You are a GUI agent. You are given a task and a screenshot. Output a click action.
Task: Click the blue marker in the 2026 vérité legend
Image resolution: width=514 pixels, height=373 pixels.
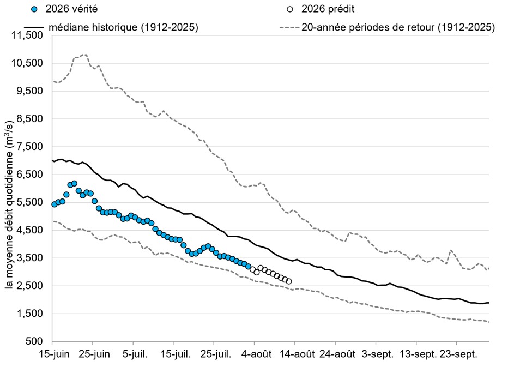pos(34,9)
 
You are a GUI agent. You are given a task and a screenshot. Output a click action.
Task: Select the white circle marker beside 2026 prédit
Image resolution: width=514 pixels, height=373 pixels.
pos(290,9)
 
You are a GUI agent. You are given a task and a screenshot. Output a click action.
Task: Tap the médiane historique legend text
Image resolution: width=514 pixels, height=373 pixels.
pos(123,27)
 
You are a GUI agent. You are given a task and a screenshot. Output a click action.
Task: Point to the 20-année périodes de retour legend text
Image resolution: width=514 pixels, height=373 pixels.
pos(398,27)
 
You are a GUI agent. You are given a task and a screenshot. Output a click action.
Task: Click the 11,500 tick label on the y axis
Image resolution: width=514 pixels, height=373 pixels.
pos(27,35)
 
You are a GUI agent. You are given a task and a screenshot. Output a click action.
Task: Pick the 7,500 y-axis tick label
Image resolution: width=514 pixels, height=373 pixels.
pos(29,147)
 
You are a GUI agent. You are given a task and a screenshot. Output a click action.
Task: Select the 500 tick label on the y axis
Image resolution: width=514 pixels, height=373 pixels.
pos(34,341)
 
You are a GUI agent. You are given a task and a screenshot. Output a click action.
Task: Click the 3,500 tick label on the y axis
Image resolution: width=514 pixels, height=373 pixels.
pos(29,258)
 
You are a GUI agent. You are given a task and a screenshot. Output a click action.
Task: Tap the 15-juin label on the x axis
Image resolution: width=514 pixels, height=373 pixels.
pos(55,354)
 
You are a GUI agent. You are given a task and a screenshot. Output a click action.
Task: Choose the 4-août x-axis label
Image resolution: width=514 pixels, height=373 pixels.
pos(257,354)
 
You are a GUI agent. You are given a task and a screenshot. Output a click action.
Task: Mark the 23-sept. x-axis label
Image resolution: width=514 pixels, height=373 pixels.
pos(458,354)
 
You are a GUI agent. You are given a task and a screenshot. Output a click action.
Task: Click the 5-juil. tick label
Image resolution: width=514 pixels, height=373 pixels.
pos(135,354)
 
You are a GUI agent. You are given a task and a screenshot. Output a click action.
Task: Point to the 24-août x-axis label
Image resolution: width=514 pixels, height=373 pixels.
pos(337,354)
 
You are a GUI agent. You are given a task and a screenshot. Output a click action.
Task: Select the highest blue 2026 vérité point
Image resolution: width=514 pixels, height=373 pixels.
pos(75,183)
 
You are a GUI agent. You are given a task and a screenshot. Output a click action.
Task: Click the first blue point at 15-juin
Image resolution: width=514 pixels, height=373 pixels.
pos(55,204)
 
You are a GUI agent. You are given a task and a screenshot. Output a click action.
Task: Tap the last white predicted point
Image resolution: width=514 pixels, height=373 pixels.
pos(289,281)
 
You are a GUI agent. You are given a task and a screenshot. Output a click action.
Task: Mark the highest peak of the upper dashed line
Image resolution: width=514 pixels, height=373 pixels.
pos(85,55)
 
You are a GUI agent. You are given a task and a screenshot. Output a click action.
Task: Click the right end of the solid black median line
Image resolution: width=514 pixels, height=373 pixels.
pos(489,303)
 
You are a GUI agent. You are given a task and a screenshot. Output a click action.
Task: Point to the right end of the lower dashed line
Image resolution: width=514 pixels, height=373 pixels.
pos(489,322)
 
